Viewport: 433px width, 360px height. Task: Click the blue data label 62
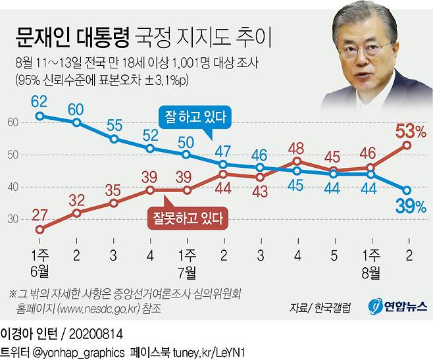pyautogui.click(x=39, y=102)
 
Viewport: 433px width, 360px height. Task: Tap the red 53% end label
pyautogui.click(x=408, y=130)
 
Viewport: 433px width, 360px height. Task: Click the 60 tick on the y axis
pyautogui.click(x=13, y=122)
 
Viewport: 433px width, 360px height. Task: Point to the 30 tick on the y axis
pyautogui.click(x=13, y=219)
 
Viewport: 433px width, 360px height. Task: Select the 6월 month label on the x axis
pyautogui.click(x=39, y=269)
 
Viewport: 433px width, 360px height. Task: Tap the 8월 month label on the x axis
pyautogui.click(x=370, y=269)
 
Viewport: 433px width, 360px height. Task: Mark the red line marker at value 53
pyautogui.click(x=407, y=145)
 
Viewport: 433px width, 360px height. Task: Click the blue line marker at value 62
pyautogui.click(x=40, y=116)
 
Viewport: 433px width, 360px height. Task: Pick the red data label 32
pyautogui.click(x=77, y=199)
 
